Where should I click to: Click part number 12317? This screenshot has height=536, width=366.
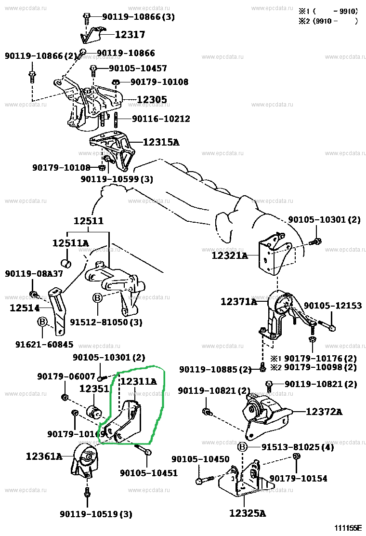point(130,35)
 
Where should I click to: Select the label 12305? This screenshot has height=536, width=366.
point(152,100)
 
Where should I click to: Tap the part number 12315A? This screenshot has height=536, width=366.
point(161,142)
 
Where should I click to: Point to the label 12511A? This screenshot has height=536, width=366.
point(70,243)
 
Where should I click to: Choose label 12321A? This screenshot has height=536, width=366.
point(229,255)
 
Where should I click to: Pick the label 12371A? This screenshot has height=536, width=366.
point(239,302)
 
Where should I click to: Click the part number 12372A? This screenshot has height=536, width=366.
point(324,412)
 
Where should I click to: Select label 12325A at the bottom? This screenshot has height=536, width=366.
point(247,513)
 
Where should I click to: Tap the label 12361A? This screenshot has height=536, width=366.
point(44,456)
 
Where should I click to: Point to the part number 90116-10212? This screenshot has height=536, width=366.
point(161,119)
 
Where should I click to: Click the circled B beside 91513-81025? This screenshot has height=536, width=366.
point(243,447)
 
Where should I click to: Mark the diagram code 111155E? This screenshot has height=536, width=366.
point(345,528)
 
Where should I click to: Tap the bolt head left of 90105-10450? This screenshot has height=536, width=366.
point(199,481)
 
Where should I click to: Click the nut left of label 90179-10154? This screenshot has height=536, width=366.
point(297,456)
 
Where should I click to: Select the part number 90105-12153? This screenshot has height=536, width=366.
point(332,306)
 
